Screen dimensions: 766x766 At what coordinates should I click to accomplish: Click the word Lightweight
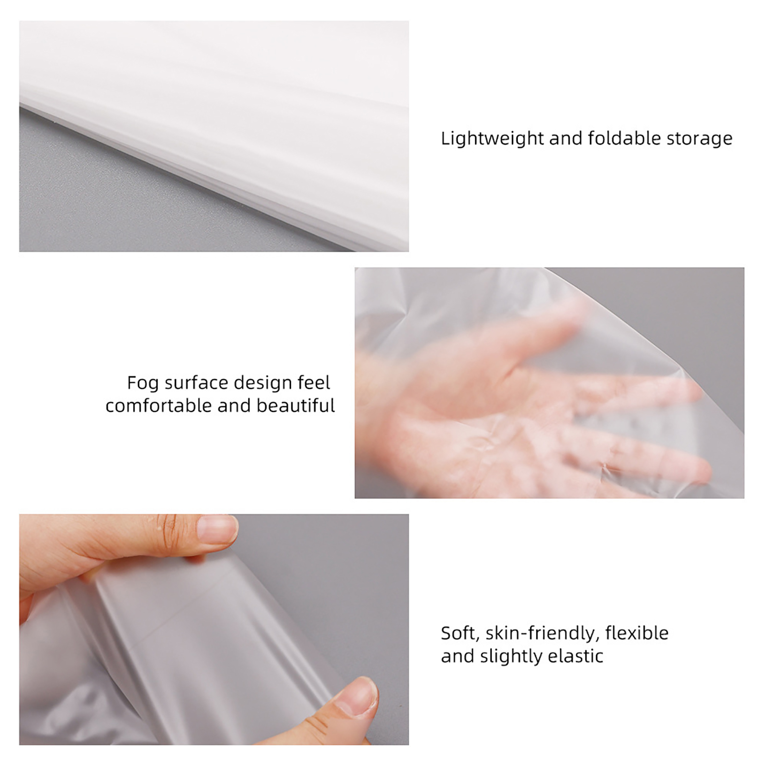[x=492, y=139]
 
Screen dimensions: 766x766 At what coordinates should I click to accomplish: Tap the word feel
[x=314, y=383]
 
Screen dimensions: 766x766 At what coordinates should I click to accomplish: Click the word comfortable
[x=158, y=406]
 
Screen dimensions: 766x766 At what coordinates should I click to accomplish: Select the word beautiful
[x=296, y=406]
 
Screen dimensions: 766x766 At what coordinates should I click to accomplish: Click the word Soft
[x=460, y=633]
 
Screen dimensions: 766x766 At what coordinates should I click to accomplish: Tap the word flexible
[x=637, y=633]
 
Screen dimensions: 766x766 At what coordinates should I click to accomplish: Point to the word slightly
[x=511, y=656]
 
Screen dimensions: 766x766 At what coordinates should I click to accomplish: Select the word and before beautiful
[x=234, y=406]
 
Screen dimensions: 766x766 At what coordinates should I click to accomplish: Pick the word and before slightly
[x=458, y=655]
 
